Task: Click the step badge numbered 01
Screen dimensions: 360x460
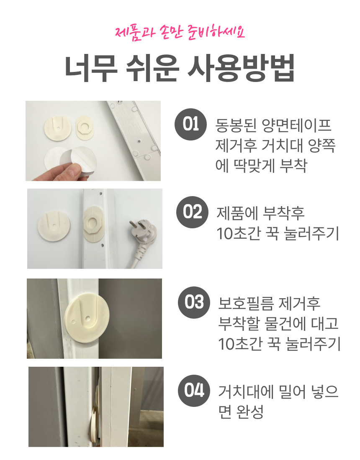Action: click(x=190, y=124)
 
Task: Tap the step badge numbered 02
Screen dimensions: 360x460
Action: click(x=192, y=212)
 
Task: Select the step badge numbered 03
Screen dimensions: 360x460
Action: click(x=194, y=302)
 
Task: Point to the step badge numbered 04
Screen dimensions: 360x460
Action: click(x=194, y=391)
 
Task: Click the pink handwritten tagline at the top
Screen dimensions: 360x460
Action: click(x=180, y=33)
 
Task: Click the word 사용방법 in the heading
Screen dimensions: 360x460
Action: click(x=241, y=68)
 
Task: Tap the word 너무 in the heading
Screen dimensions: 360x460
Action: click(x=91, y=68)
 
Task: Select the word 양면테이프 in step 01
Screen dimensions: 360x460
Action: click(x=296, y=125)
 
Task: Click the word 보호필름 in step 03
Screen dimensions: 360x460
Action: click(x=246, y=304)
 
